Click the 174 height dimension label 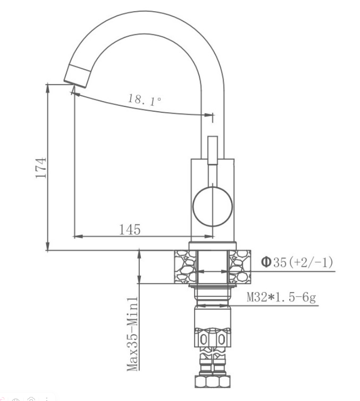point(41,168)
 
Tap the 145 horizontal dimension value point(130,230)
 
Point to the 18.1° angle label point(145,100)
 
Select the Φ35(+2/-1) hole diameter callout point(297,262)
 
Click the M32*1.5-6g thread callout point(282,297)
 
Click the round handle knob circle point(212,207)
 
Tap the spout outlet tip point(75,84)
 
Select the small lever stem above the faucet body point(212,150)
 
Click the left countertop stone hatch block point(185,267)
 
